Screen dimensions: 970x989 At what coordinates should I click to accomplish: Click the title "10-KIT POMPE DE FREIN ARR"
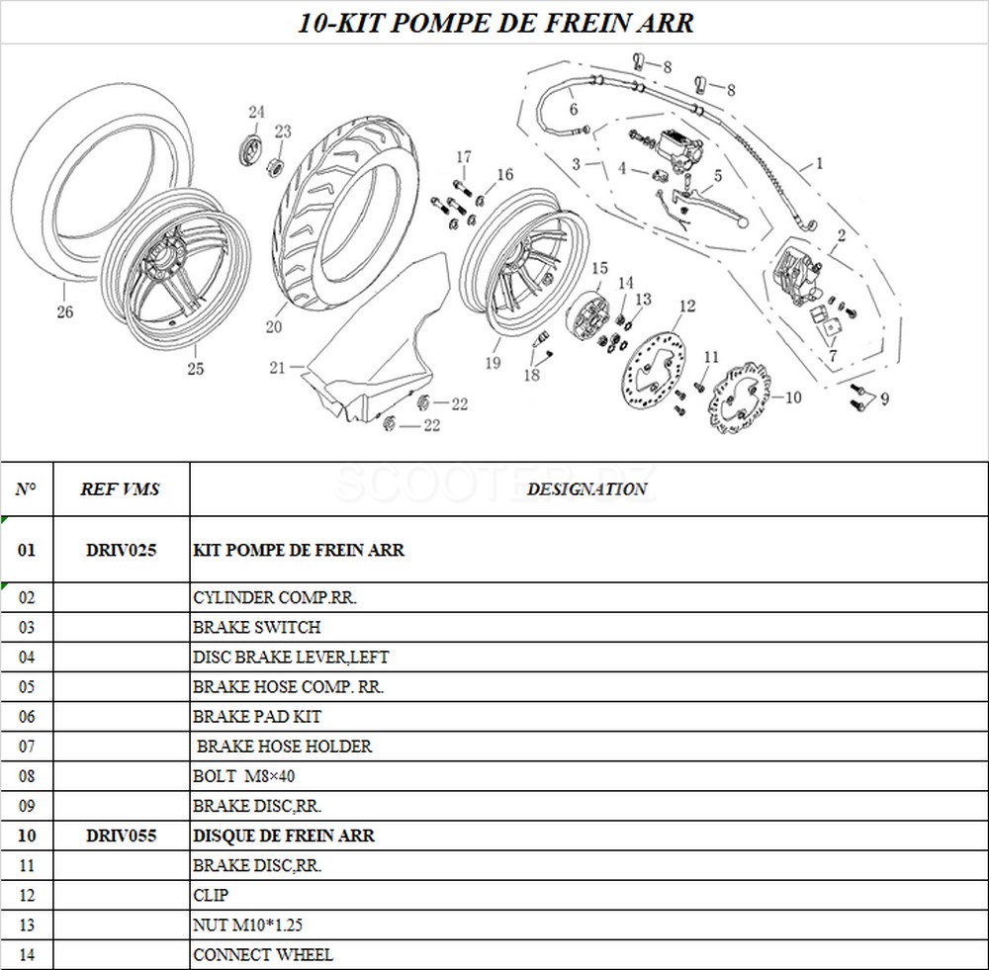(495, 23)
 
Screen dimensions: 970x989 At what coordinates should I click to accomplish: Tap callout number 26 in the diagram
(65, 312)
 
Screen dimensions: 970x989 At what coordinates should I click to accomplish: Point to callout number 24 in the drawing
(256, 112)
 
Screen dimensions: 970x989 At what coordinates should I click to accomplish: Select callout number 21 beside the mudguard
(278, 368)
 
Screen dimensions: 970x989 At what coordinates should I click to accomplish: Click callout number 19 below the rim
(493, 363)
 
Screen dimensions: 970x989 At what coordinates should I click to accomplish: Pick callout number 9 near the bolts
(883, 399)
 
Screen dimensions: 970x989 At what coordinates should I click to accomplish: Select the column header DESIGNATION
(587, 488)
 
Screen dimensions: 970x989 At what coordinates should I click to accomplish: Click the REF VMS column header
(121, 488)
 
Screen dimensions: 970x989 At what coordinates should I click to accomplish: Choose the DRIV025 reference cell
(121, 550)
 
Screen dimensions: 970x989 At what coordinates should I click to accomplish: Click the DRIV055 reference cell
(121, 836)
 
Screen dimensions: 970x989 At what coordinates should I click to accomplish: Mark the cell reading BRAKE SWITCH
(257, 627)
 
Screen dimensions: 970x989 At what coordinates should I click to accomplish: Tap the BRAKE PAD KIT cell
(257, 716)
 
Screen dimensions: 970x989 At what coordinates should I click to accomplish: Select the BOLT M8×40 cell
(244, 776)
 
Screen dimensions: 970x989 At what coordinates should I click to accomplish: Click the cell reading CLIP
(211, 895)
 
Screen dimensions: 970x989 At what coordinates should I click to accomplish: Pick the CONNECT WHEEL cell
(263, 954)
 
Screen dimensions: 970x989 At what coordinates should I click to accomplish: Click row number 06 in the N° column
(27, 716)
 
